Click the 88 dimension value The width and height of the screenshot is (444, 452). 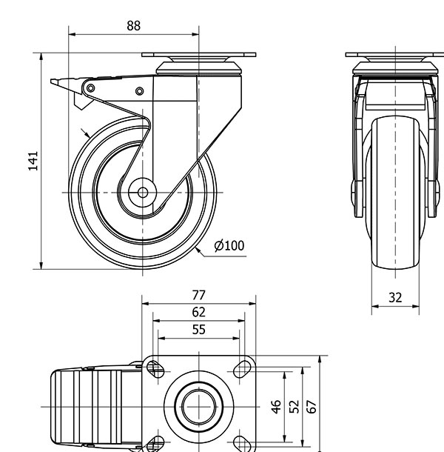click(134, 26)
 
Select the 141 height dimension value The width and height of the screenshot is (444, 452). click(33, 161)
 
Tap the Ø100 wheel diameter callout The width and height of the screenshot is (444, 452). click(229, 245)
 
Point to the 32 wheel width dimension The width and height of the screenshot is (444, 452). click(395, 297)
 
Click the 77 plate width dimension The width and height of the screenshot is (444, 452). click(198, 295)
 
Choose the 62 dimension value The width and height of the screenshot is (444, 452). click(198, 312)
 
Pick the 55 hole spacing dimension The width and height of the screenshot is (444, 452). click(198, 330)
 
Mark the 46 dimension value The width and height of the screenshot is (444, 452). click(276, 407)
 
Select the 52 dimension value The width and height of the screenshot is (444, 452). click(294, 407)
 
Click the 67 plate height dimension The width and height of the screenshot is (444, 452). click(312, 407)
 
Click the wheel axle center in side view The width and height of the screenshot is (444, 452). click(143, 193)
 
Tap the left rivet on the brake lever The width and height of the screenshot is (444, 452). click(90, 88)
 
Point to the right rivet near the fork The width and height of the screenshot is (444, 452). click(140, 91)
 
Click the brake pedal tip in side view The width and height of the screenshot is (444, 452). click(51, 82)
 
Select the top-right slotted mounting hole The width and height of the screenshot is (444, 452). click(241, 369)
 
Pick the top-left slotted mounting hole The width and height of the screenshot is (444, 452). click(155, 369)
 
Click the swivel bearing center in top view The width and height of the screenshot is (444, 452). click(198, 407)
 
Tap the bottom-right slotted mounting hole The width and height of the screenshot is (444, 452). click(241, 444)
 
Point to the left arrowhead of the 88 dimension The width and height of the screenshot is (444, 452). click(72, 34)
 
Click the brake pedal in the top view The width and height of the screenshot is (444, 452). click(87, 407)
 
